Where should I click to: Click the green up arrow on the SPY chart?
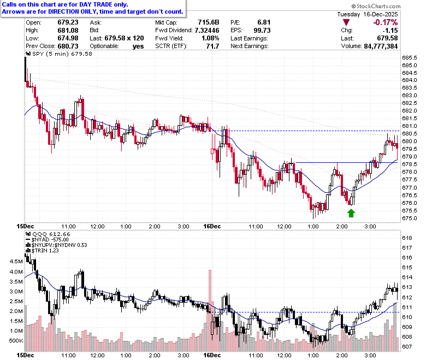351,213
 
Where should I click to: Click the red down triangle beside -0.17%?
346,22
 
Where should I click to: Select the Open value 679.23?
68,22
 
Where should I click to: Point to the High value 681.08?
68,30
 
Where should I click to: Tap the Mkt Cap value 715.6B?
209,22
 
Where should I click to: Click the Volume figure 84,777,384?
381,46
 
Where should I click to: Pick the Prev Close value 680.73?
68,46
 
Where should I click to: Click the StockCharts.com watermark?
376,6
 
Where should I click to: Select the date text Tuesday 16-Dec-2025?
368,14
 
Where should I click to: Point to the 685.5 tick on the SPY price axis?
410,57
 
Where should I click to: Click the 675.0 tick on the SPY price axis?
410,218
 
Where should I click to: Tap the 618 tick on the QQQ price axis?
407,238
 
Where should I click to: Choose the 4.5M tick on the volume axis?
16,261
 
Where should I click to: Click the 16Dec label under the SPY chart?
212,226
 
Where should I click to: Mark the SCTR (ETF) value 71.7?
212,46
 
